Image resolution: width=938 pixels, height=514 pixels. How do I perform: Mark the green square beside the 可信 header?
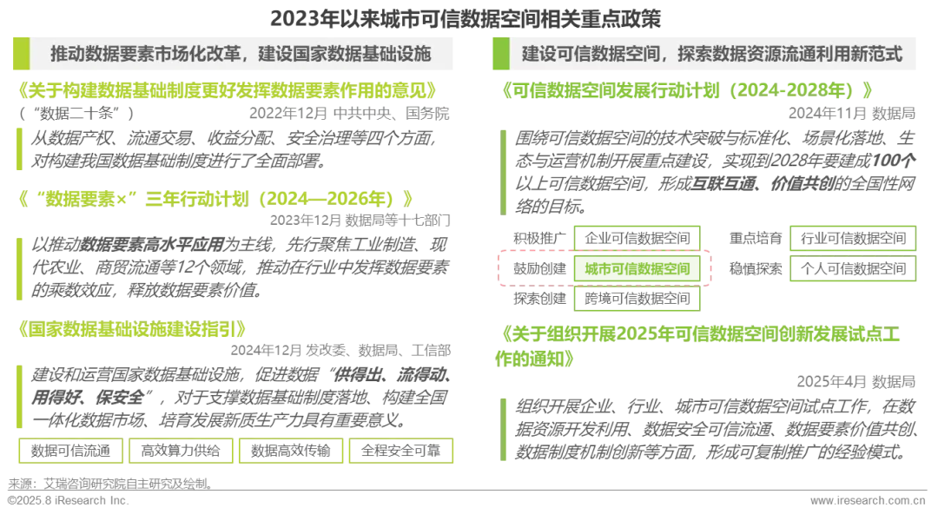click(500, 54)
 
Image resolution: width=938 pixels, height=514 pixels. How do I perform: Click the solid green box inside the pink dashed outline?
click(637, 270)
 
